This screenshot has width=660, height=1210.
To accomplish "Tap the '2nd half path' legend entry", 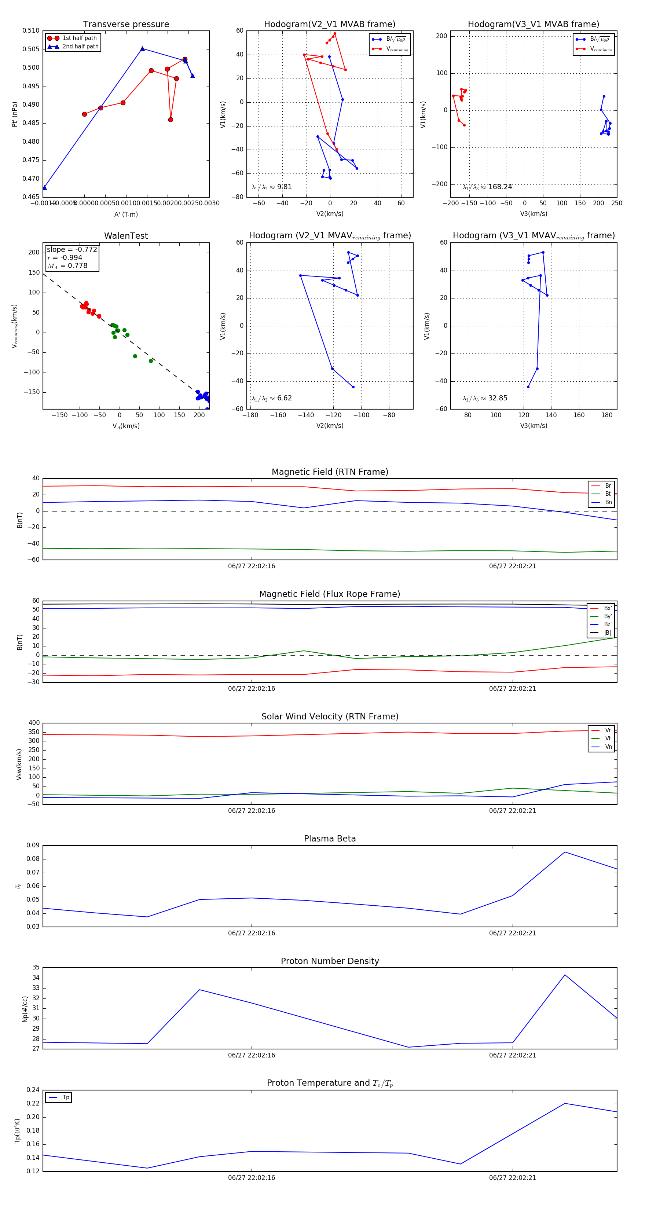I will click(80, 47).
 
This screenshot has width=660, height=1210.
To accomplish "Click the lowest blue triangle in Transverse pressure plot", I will click(45, 188).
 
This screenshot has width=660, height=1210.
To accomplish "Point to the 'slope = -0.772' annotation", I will click(72, 249).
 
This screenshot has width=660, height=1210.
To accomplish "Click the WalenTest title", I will click(126, 236).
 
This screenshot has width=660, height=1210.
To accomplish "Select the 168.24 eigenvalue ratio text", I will click(500, 187).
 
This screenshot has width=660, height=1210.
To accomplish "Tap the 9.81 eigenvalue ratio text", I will click(284, 187).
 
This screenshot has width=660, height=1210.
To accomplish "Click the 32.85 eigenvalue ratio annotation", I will click(498, 398).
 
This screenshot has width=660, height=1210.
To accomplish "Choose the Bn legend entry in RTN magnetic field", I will click(608, 502).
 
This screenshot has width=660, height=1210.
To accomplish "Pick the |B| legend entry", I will click(608, 633).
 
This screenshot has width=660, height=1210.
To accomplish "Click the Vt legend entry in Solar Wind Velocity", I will click(608, 738).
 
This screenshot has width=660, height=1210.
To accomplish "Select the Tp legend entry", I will click(65, 1098).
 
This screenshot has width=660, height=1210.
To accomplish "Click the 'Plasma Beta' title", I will click(330, 839).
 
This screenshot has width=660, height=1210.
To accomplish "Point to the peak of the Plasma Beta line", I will click(565, 852).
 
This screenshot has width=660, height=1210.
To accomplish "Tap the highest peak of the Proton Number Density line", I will click(565, 975).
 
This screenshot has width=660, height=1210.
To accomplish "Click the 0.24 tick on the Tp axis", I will click(33, 1090).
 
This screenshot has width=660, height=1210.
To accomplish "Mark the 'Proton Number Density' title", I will click(330, 961).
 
